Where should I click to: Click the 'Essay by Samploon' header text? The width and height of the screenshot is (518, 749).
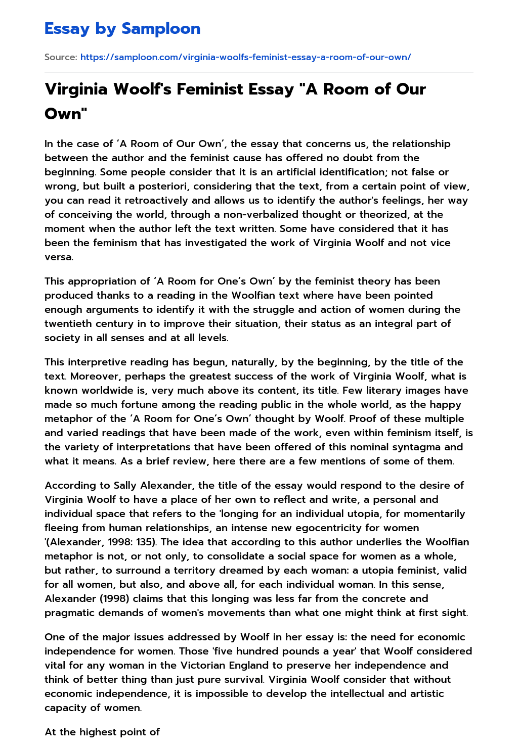pos(122,29)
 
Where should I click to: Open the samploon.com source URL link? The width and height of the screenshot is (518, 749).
pos(245,57)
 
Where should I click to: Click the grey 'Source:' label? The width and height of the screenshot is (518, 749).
pos(61,57)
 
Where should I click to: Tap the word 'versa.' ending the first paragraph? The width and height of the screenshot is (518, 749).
pos(59,257)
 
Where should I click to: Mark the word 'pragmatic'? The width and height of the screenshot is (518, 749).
pos(69,613)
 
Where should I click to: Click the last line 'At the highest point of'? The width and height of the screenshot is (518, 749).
pos(102,732)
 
